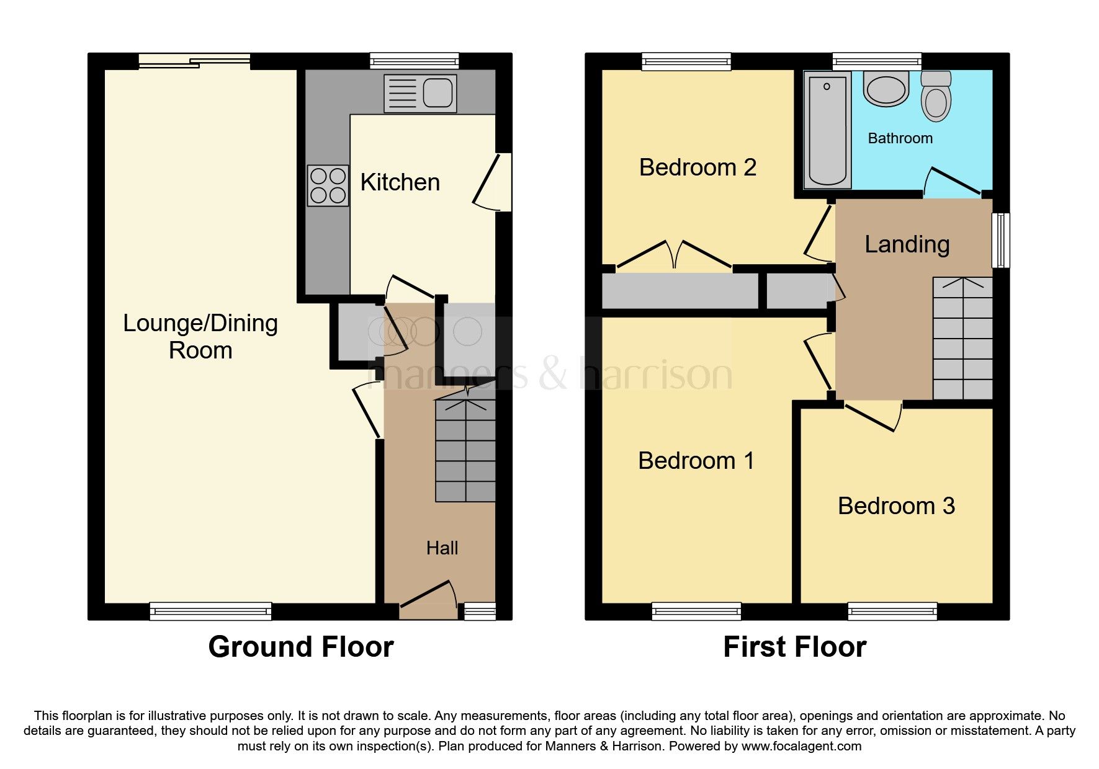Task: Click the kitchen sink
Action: (x=420, y=94)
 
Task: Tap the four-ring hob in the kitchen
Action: (x=328, y=185)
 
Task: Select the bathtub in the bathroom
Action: (x=827, y=130)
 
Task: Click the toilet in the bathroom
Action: (x=936, y=96)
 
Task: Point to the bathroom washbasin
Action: (x=886, y=89)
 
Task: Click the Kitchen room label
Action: (x=400, y=182)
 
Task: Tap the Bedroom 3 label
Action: (x=896, y=506)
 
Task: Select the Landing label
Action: (x=907, y=244)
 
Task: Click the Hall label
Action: (x=442, y=548)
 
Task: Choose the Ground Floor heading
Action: (x=301, y=647)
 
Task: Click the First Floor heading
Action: (x=794, y=647)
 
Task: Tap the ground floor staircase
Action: (x=465, y=450)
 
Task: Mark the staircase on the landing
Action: (x=962, y=338)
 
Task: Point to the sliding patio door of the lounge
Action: (x=194, y=61)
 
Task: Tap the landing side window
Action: (x=1000, y=241)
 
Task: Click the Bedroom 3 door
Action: (x=872, y=417)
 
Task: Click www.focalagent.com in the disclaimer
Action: (x=801, y=746)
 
